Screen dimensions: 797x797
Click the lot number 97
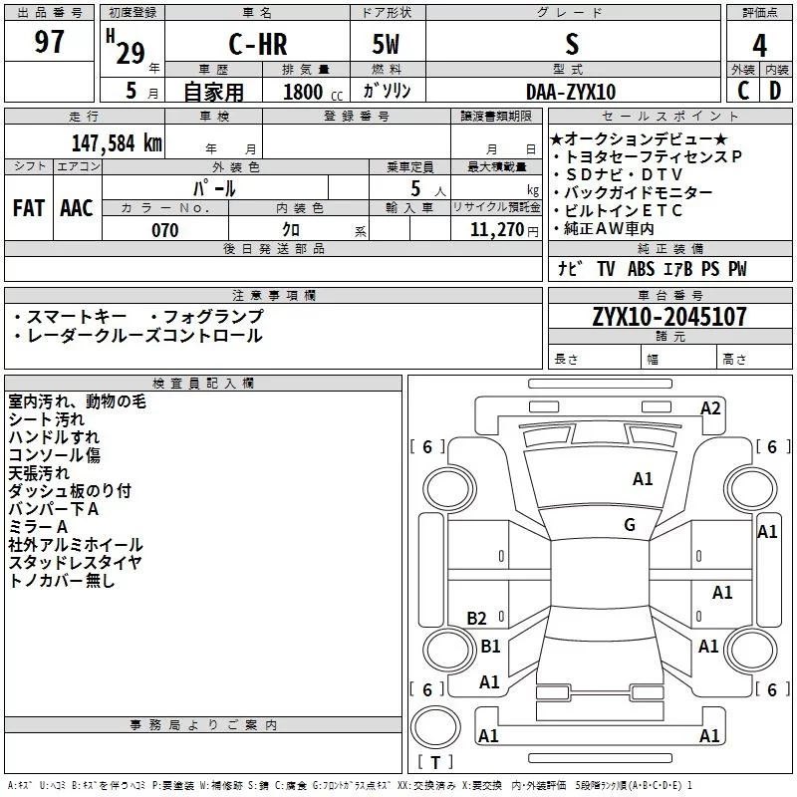click(49, 43)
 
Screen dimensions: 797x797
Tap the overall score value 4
click(760, 46)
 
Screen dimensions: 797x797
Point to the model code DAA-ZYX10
click(571, 92)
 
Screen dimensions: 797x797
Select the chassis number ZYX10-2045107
click(669, 318)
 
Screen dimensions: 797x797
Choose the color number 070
click(164, 230)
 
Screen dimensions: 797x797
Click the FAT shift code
click(28, 208)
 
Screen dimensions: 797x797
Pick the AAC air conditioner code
click(76, 208)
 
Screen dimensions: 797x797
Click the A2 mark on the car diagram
click(710, 407)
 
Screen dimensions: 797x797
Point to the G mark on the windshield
click(630, 525)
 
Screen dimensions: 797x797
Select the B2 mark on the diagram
click(477, 619)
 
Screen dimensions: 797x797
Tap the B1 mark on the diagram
click(491, 647)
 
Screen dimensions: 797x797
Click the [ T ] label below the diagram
click(434, 762)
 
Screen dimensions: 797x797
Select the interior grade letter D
click(775, 91)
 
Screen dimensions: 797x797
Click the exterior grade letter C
click(742, 91)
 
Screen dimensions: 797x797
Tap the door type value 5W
click(387, 45)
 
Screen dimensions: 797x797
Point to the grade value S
click(571, 45)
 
